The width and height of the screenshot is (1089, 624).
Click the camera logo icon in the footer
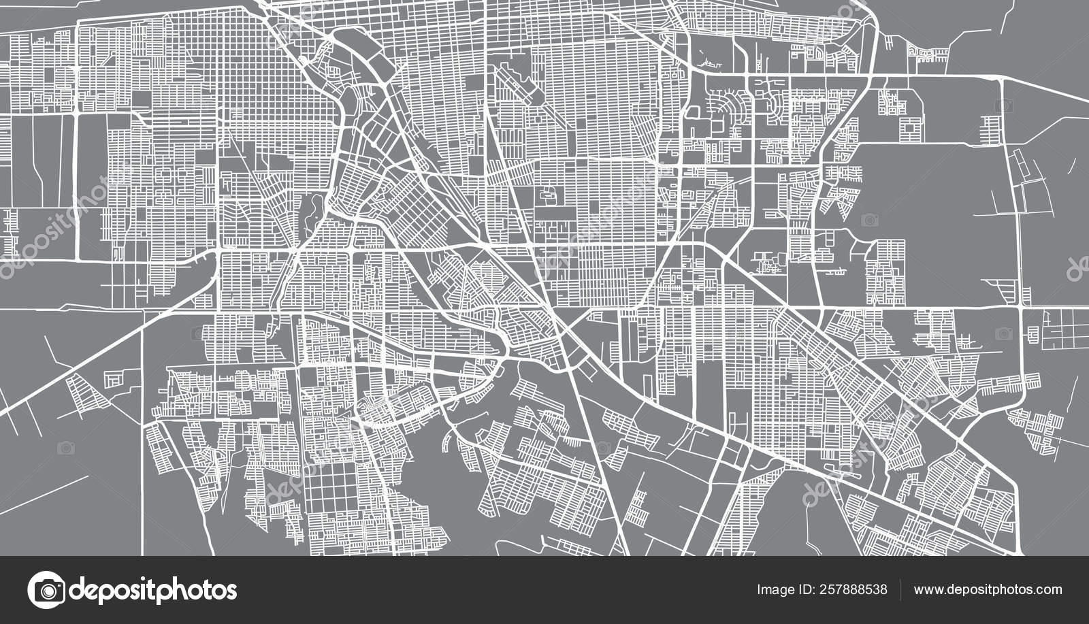tap(46, 590)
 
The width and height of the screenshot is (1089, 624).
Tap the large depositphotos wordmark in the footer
tap(153, 590)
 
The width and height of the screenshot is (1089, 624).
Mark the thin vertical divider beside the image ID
tap(900, 589)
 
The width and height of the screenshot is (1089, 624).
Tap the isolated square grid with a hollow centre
tap(911, 127)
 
